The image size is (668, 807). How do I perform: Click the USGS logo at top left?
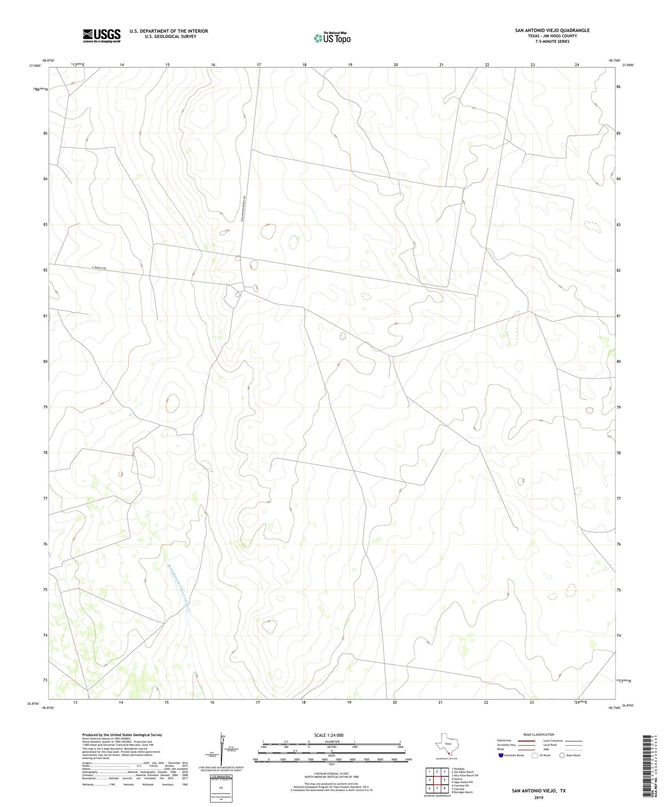pyautogui.click(x=102, y=36)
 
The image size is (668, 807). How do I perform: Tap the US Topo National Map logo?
pyautogui.click(x=332, y=38)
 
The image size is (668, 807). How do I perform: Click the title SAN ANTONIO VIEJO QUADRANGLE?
pyautogui.click(x=546, y=30)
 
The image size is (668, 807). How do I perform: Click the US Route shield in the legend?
pyautogui.click(x=535, y=755)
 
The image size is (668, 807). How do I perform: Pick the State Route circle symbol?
pyautogui.click(x=562, y=755)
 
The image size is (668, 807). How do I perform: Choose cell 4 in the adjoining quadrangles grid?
pyautogui.click(x=429, y=780)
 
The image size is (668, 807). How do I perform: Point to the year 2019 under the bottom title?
pyautogui.click(x=539, y=797)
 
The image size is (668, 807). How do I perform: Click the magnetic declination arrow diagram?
pyautogui.click(x=223, y=748)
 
